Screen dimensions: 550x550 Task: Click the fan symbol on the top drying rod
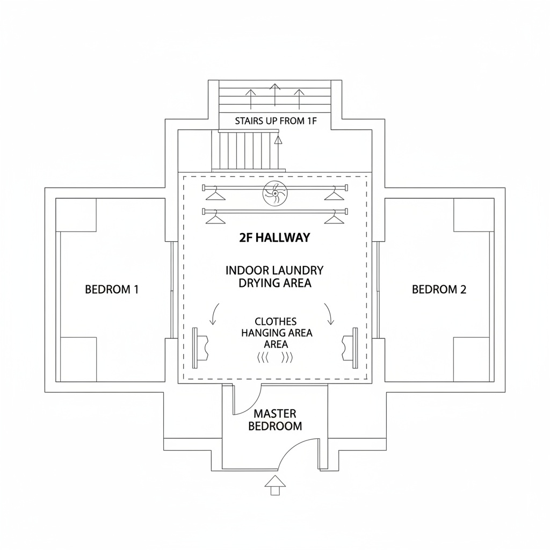click(276, 193)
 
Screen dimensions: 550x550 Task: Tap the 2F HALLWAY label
click(274, 238)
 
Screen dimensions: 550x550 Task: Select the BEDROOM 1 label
click(112, 290)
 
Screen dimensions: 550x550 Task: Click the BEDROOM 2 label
click(439, 290)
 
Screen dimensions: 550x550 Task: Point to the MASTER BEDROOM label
click(275, 420)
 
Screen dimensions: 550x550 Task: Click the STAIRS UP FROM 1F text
click(276, 121)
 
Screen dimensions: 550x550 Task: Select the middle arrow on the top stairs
click(275, 95)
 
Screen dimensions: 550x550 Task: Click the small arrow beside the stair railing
click(278, 140)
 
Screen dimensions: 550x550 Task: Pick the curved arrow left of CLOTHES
click(214, 314)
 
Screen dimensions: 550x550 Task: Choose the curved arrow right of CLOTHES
click(329, 314)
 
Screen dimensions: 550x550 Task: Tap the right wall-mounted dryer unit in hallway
click(350, 348)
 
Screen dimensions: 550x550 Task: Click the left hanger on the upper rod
click(215, 194)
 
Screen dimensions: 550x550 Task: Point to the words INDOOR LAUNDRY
click(274, 271)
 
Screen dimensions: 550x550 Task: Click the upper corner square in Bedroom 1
click(76, 215)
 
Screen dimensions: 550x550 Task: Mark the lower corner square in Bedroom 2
click(472, 359)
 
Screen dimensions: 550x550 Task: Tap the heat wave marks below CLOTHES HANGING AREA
click(275, 358)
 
